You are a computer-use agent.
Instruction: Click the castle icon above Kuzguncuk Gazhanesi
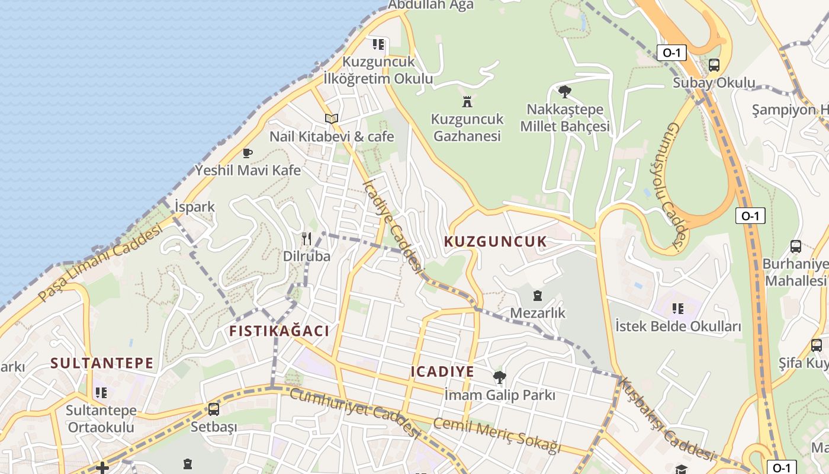coord(467,101)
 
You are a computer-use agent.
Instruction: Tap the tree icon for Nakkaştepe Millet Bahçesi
coord(565,92)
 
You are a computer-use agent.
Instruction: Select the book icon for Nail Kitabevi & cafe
coord(332,119)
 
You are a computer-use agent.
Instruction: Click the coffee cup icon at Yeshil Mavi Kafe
coord(248,153)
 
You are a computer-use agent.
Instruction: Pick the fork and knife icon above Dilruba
coord(306,239)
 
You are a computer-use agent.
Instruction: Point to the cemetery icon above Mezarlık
coord(537,295)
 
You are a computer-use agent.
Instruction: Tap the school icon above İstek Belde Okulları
coord(678,309)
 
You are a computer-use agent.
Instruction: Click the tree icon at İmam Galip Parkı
coord(500,377)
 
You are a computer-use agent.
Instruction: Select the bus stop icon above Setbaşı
coord(214,409)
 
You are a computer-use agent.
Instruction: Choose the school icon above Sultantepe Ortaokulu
coord(101,393)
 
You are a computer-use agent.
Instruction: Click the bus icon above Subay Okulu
coord(714,65)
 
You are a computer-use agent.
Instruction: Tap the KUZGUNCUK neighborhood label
coord(495,242)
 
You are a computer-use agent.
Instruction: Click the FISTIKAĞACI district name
coord(279,331)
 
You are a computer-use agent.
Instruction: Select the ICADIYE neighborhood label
coord(442,372)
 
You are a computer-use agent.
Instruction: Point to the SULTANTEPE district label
coord(102,363)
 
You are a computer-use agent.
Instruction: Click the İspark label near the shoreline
coord(195,207)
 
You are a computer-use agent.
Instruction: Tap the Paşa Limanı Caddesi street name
coord(100,264)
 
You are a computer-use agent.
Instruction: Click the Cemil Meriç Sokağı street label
coord(496,435)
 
